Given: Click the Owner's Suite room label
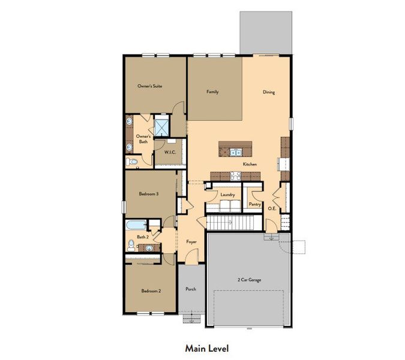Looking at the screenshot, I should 149,86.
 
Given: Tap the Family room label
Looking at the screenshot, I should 212,92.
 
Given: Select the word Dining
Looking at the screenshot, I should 269,92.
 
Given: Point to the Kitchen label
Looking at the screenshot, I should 250,164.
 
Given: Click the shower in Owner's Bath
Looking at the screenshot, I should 161,127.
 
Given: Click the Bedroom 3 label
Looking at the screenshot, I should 149,194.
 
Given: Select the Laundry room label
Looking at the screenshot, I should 227,194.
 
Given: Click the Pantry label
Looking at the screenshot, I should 254,204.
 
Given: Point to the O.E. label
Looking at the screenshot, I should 271,208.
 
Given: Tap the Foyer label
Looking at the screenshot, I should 191,242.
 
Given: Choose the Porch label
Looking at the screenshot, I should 191,289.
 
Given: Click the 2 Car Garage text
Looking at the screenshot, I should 250,280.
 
